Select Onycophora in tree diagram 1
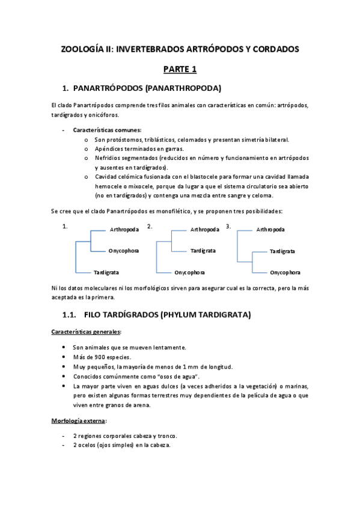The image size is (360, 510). [124, 251]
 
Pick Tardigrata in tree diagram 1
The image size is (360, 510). [106, 272]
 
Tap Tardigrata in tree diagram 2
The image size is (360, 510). [203, 251]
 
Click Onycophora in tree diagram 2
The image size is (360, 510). [189, 272]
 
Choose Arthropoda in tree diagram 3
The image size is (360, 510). [270, 230]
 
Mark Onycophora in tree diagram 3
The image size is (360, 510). [285, 272]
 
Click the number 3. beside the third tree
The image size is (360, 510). [228, 226]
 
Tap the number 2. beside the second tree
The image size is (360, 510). [150, 226]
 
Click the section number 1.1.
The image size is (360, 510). [71, 315]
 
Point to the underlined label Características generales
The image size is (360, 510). [86, 332]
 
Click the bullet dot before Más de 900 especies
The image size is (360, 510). [64, 357]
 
